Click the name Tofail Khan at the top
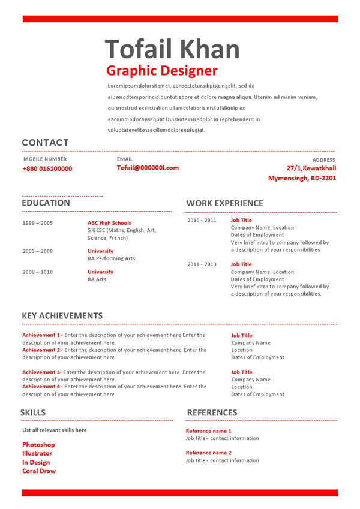(172, 48)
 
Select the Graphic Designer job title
(162, 71)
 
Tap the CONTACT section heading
(45, 143)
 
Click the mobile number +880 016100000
(47, 169)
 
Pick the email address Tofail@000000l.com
(148, 168)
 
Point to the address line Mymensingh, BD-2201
(302, 178)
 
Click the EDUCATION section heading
(46, 203)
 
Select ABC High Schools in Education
(109, 223)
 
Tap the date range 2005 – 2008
(38, 251)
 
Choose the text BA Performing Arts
(112, 258)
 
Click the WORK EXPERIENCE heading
(224, 203)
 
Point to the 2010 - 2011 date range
(202, 221)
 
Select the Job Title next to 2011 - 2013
(241, 264)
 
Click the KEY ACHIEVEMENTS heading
(62, 316)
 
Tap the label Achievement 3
(41, 372)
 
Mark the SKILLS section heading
(33, 412)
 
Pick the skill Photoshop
(38, 445)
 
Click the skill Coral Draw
(39, 471)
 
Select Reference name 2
(208, 453)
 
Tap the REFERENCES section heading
(212, 412)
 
